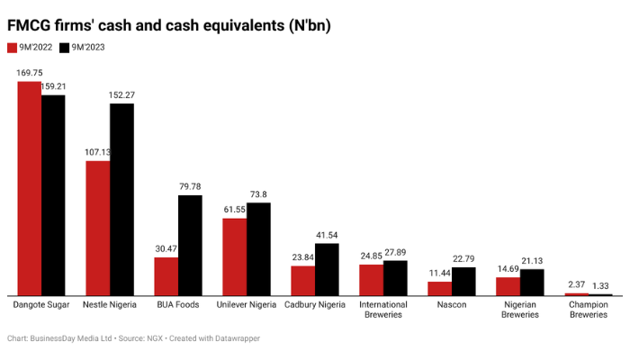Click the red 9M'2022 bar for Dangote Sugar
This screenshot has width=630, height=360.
[x=29, y=188]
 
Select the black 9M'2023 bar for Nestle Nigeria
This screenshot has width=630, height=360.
[x=121, y=199]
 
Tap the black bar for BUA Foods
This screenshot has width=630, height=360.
[x=190, y=245]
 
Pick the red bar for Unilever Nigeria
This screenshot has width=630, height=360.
[x=235, y=256]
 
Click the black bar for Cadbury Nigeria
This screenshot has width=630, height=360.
[x=327, y=269]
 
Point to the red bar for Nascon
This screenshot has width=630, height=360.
[x=439, y=288]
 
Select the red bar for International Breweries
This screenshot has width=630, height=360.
[x=371, y=279]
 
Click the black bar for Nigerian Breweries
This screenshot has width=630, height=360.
[x=532, y=282]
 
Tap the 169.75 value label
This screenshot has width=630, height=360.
[x=29, y=73]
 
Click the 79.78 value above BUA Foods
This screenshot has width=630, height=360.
[x=190, y=187]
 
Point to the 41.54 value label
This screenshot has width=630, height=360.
[x=327, y=235]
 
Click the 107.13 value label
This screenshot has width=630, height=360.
[x=97, y=152]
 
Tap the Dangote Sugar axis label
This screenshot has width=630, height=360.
[x=40, y=305]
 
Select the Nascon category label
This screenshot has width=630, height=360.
[x=451, y=305]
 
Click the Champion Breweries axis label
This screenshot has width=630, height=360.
[x=588, y=310]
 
